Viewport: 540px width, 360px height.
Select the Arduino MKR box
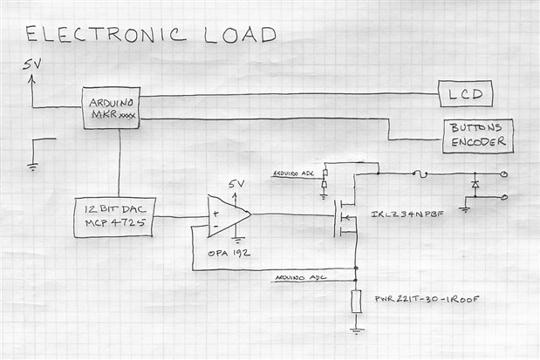(x=111, y=107)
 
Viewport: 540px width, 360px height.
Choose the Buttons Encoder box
(x=476, y=135)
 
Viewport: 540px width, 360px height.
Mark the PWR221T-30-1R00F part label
(x=426, y=299)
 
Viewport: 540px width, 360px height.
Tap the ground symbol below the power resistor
(x=356, y=329)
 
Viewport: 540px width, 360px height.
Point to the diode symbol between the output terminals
(x=475, y=185)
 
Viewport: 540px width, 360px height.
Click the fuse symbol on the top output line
(x=423, y=173)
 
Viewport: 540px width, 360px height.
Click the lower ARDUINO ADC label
(x=301, y=277)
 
